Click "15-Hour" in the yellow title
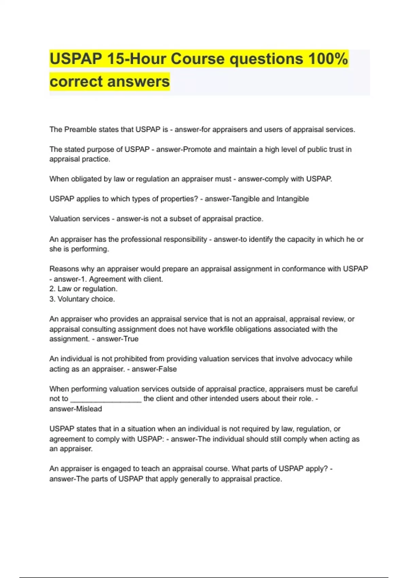[136, 59]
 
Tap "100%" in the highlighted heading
[328, 59]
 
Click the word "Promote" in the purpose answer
[197, 149]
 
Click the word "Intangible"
[292, 199]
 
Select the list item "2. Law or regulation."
[83, 289]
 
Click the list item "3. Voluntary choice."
[82, 299]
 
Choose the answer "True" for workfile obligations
[131, 339]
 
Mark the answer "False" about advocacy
[168, 369]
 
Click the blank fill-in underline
[106, 399]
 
